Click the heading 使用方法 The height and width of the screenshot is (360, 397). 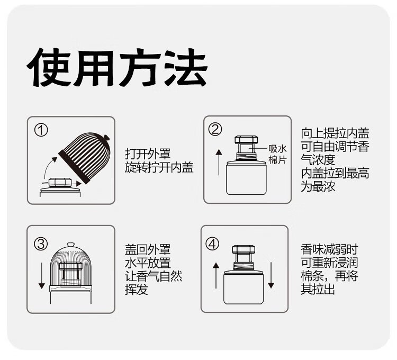click(x=117, y=68)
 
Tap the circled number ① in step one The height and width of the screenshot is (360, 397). click(x=41, y=131)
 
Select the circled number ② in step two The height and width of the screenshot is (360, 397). click(x=215, y=129)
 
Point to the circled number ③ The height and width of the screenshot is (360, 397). click(x=41, y=244)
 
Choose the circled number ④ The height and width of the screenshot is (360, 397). click(x=212, y=244)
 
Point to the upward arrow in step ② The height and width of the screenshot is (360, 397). click(x=219, y=163)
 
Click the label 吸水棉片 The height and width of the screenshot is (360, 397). click(x=277, y=154)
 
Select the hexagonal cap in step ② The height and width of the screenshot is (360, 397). click(x=246, y=140)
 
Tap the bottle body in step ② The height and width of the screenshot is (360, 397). click(x=246, y=178)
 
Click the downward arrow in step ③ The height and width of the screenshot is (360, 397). click(x=41, y=276)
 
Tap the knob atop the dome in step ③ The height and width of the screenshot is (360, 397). click(x=70, y=245)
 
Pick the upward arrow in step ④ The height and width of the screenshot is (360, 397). click(x=216, y=275)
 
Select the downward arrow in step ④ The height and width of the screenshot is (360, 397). click(x=271, y=275)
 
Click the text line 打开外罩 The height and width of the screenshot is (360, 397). click(x=148, y=154)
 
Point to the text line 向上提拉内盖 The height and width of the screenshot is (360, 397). click(x=335, y=133)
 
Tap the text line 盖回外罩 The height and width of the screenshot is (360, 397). click(x=148, y=249)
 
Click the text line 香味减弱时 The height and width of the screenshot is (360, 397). click(x=329, y=249)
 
